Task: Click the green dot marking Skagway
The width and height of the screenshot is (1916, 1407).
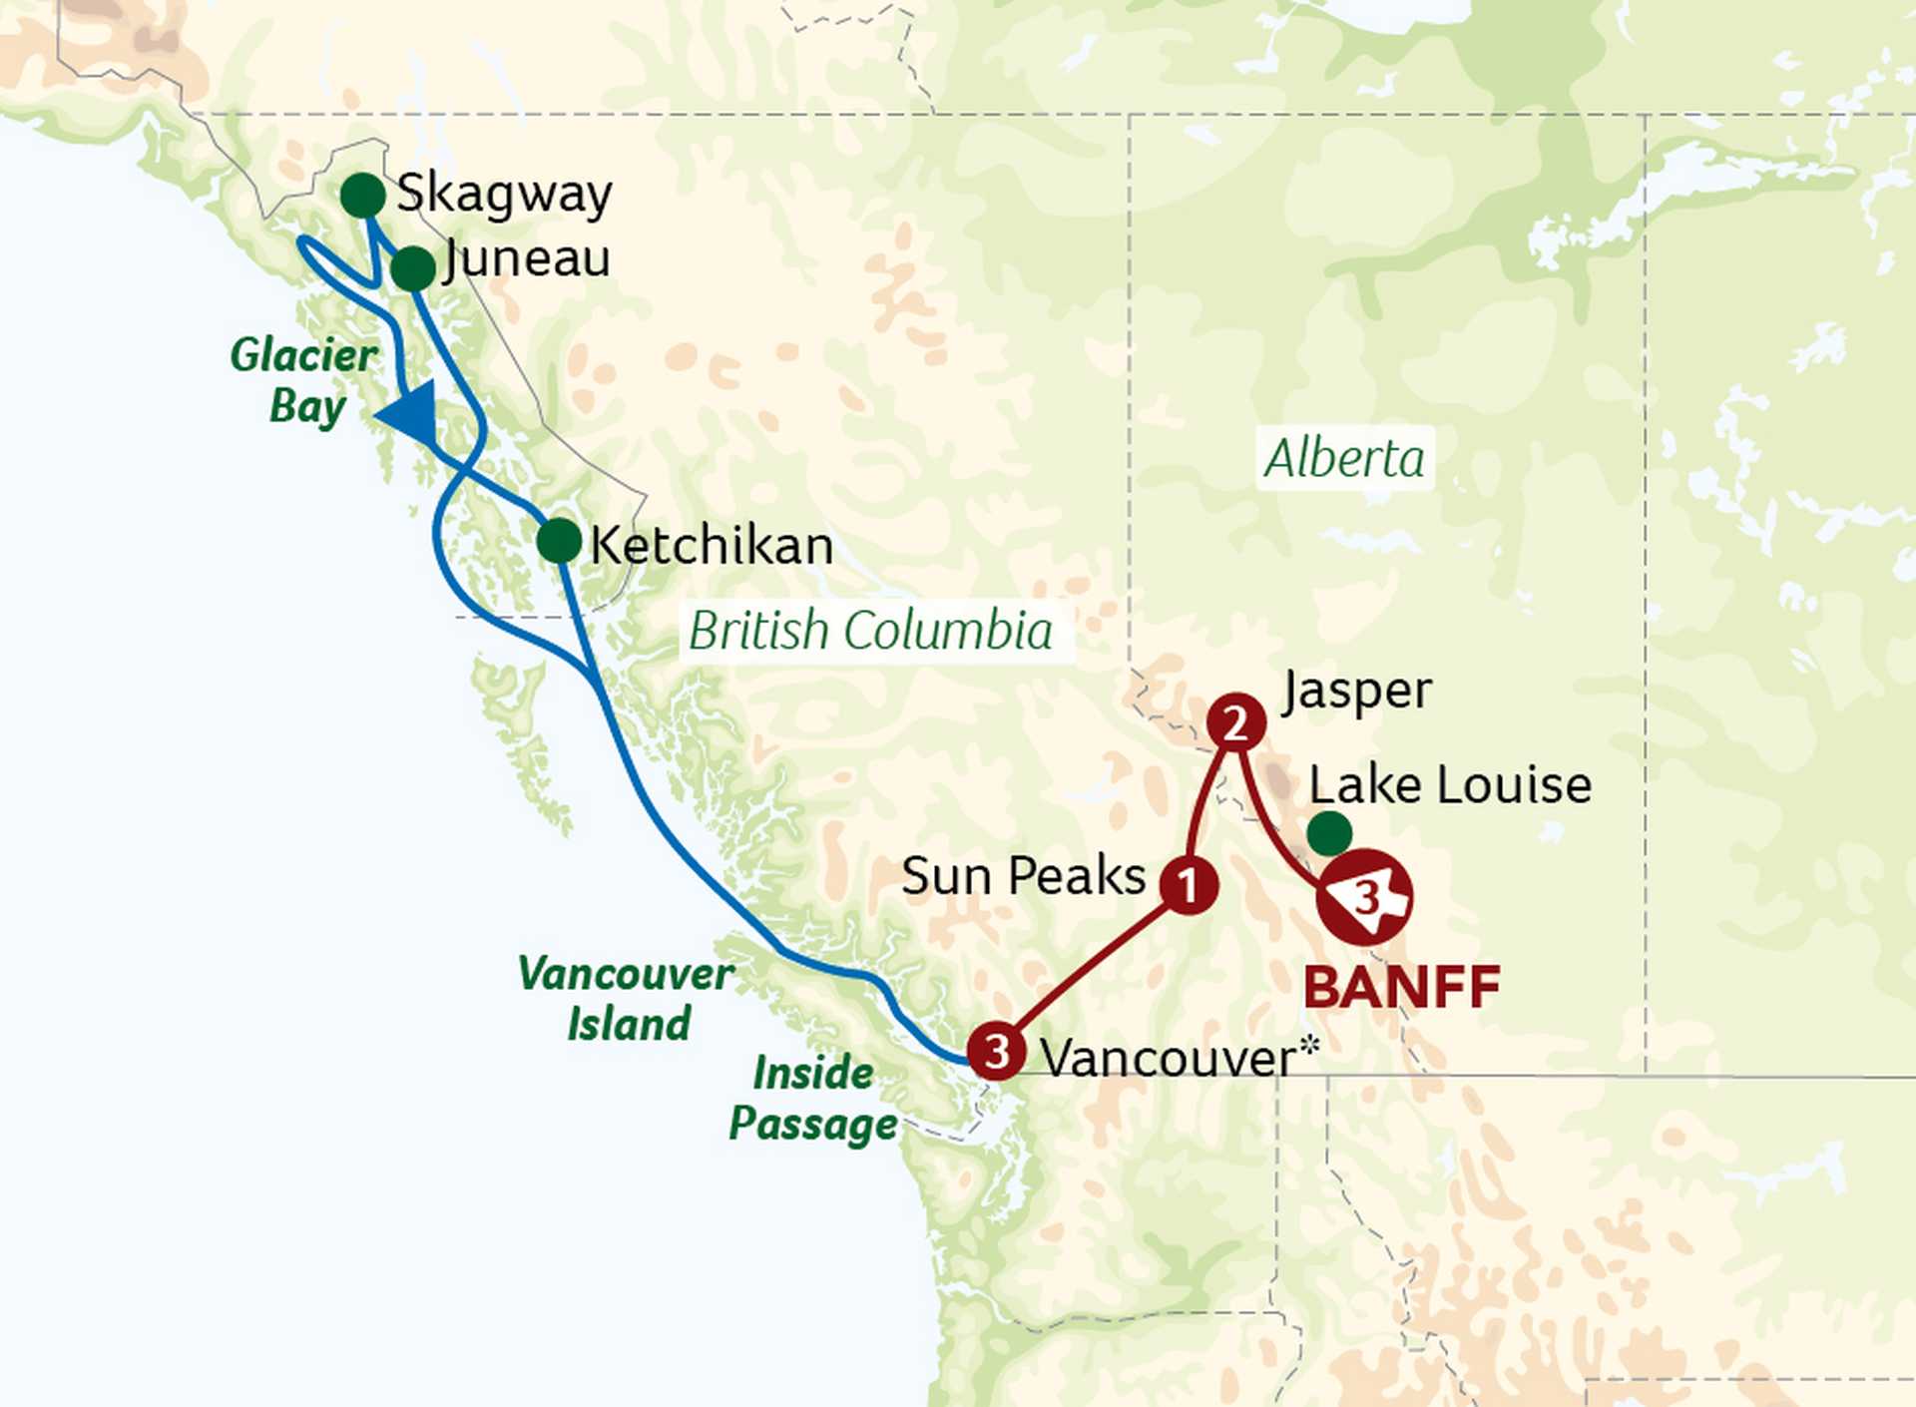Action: click(x=362, y=195)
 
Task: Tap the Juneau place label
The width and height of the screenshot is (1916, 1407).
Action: click(x=528, y=259)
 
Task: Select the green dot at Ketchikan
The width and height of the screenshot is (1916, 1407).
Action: click(x=559, y=541)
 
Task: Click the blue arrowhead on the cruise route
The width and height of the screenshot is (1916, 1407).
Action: click(x=411, y=413)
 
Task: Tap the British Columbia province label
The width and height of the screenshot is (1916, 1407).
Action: click(x=870, y=631)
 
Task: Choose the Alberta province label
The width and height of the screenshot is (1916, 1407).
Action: click(x=1344, y=459)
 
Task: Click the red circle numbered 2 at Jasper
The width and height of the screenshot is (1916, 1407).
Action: click(x=1236, y=722)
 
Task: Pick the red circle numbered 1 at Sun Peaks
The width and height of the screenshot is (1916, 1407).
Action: click(x=1189, y=884)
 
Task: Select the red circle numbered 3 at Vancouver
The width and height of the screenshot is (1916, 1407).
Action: click(x=997, y=1051)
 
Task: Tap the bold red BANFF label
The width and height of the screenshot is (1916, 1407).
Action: click(x=1402, y=988)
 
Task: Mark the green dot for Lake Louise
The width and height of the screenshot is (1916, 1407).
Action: click(x=1329, y=833)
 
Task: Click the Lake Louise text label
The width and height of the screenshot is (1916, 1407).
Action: click(x=1449, y=785)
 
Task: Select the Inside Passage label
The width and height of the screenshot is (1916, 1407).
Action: click(x=813, y=1099)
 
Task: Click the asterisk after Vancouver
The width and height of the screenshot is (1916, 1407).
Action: click(x=1309, y=1047)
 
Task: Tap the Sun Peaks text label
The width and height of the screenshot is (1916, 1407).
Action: click(x=1023, y=876)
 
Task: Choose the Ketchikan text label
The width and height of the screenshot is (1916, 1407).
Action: click(x=712, y=546)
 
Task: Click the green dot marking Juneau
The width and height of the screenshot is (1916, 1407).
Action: click(x=412, y=268)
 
